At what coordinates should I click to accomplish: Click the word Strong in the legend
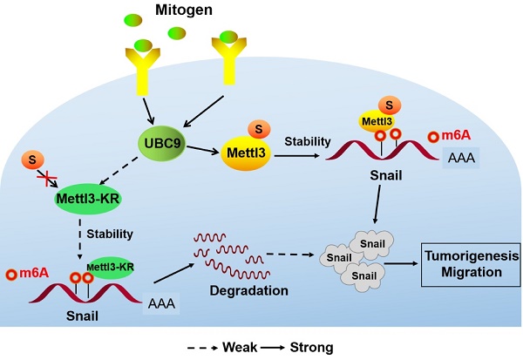click(x=310, y=347)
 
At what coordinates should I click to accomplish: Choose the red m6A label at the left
click(x=27, y=273)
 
